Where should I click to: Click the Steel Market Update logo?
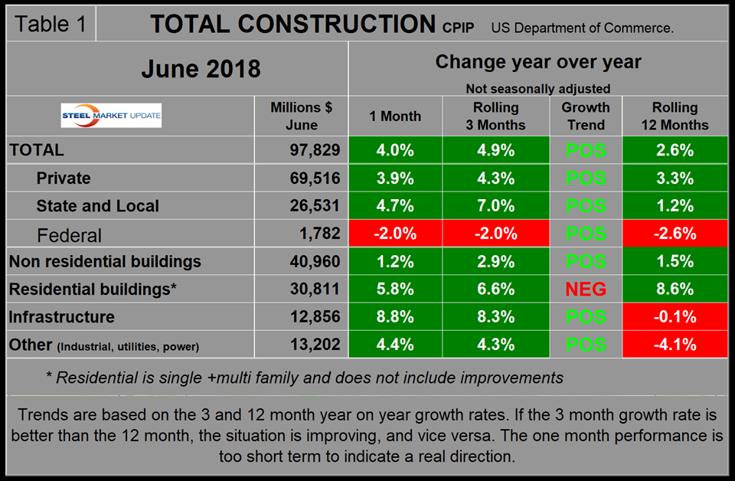click(x=111, y=116)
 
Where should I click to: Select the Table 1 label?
click(x=51, y=23)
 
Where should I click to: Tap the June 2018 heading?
click(x=201, y=69)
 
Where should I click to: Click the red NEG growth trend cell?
click(x=586, y=289)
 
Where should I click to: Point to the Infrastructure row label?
click(x=62, y=317)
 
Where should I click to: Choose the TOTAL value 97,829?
click(x=312, y=150)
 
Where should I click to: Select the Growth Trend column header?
click(x=586, y=116)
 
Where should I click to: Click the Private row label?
click(x=64, y=178)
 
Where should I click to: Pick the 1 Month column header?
click(x=395, y=116)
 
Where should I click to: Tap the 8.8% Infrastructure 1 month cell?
click(x=395, y=317)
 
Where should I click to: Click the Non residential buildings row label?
click(x=105, y=261)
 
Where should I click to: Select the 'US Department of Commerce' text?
click(x=583, y=28)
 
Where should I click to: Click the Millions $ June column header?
click(x=302, y=116)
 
